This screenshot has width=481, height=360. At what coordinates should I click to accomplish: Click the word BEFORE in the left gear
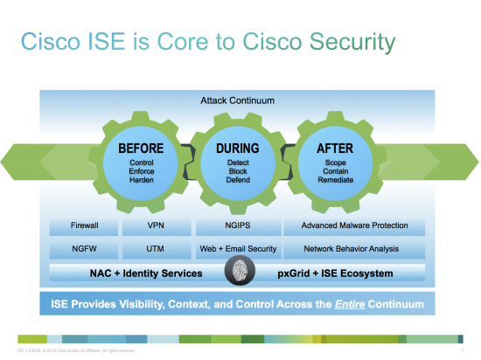pyautogui.click(x=141, y=149)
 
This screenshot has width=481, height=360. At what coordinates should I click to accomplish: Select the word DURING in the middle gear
pyautogui.click(x=237, y=149)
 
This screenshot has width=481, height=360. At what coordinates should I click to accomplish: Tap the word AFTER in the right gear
pyautogui.click(x=334, y=149)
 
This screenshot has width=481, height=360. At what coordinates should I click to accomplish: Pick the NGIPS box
pyautogui.click(x=237, y=226)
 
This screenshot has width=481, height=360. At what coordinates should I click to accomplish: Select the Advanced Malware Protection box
pyautogui.click(x=354, y=226)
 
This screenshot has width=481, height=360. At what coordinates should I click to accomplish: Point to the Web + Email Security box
pyautogui.click(x=237, y=249)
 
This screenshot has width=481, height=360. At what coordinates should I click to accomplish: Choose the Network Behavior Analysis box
pyautogui.click(x=354, y=249)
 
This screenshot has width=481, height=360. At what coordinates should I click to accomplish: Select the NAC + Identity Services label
pyautogui.click(x=146, y=273)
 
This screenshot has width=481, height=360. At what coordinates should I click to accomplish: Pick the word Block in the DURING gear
pyautogui.click(x=237, y=171)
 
